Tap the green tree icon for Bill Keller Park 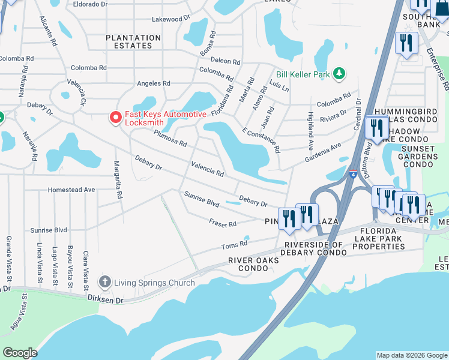(x=339, y=74)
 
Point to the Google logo (x=20, y=353)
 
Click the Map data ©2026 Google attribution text (x=412, y=355)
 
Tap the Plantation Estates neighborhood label (x=133, y=41)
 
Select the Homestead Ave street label (x=72, y=190)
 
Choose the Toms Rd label (x=234, y=244)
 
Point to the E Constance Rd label (x=261, y=139)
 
